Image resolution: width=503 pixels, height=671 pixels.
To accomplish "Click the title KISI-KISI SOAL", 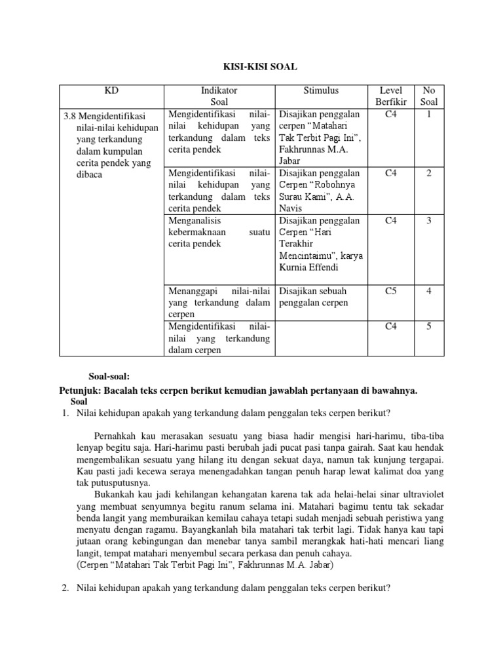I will pyautogui.click(x=251, y=66).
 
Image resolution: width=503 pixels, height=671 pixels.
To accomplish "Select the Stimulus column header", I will pyautogui.click(x=320, y=90).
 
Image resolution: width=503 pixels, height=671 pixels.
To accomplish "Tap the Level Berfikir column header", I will pyautogui.click(x=391, y=96).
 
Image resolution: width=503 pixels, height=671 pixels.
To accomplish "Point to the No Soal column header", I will pyautogui.click(x=428, y=96).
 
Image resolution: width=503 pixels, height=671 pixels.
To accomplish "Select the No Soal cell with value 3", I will pyautogui.click(x=428, y=221).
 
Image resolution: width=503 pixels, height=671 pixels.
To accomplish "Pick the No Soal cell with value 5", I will pyautogui.click(x=428, y=326).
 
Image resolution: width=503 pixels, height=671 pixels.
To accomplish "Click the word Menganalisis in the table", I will pyautogui.click(x=196, y=221).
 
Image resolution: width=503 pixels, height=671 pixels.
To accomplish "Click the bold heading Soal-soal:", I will pyautogui.click(x=109, y=377).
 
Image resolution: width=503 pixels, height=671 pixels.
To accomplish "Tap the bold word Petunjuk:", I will pyautogui.click(x=79, y=390).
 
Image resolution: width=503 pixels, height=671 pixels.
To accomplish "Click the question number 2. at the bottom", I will pyautogui.click(x=65, y=588).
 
